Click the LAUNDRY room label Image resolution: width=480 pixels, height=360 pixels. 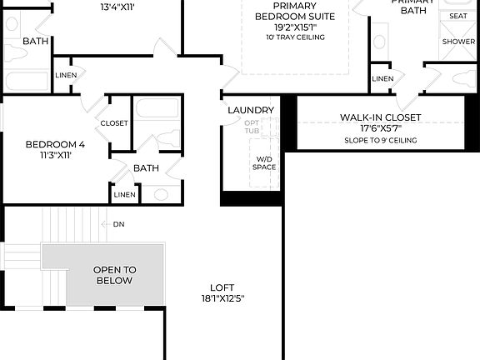click(250, 110)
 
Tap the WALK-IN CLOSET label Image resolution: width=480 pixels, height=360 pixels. click(379, 117)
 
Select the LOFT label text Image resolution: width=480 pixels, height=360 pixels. click(222, 287)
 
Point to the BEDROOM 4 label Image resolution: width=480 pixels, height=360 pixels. click(54, 143)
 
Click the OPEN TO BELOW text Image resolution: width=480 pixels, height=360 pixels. click(113, 275)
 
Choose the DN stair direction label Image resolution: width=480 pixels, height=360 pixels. click(118, 224)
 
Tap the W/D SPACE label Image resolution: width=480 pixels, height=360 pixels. click(264, 162)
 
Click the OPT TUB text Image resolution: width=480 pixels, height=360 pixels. click(252, 127)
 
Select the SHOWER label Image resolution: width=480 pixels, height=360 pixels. click(458, 41)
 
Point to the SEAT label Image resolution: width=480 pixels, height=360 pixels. click(458, 16)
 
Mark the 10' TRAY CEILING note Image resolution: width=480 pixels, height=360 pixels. click(294, 37)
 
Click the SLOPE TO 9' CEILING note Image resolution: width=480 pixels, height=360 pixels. click(380, 140)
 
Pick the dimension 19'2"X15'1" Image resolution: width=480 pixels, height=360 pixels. click(294, 27)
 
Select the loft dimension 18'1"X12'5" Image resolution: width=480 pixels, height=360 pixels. click(222, 298)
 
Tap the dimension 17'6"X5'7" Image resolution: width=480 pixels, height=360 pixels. click(379, 128)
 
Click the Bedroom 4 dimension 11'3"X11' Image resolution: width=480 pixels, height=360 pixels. click(54, 154)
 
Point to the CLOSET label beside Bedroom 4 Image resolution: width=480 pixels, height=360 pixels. click(114, 123)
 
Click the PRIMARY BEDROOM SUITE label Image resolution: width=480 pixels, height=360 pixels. click(294, 11)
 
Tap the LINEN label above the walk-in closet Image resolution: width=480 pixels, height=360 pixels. click(382, 78)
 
